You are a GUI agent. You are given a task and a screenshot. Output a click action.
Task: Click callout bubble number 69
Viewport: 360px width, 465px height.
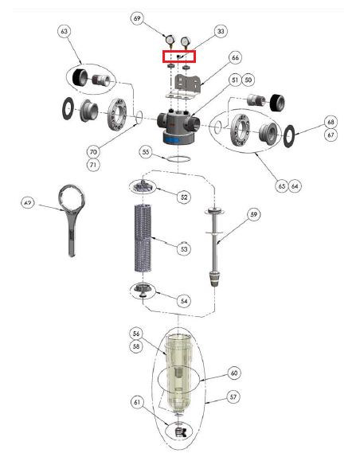click(137, 18)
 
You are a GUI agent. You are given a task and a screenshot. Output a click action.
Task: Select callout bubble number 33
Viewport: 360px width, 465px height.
click(221, 31)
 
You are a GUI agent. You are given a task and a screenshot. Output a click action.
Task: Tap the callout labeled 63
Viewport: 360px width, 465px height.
click(64, 31)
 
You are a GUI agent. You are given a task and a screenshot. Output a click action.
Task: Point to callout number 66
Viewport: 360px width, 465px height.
click(235, 57)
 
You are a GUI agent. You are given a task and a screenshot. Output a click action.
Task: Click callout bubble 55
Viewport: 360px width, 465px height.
click(146, 152)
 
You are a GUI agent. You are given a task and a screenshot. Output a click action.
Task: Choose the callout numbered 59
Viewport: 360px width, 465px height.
click(254, 214)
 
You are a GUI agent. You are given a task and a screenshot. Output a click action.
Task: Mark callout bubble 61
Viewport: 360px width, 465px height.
click(137, 402)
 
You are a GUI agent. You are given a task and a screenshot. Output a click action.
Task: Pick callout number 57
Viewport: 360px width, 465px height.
click(233, 397)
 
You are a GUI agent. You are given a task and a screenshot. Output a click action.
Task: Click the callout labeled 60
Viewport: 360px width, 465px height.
click(234, 373)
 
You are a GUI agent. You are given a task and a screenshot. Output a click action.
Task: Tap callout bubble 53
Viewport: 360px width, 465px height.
click(184, 248)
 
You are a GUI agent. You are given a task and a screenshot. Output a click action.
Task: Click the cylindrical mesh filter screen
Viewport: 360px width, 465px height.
click(143, 238)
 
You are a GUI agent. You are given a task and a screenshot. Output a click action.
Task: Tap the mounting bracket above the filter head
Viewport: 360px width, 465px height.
click(186, 87)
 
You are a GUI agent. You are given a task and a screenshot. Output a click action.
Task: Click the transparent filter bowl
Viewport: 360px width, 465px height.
click(178, 373)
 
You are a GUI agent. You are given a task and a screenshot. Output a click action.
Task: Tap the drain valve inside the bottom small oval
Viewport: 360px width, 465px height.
click(180, 432)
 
